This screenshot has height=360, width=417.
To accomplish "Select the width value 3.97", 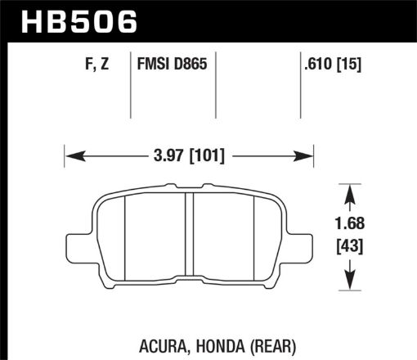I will [x=165, y=154].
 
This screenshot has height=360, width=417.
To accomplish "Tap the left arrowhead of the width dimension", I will [x=70, y=153].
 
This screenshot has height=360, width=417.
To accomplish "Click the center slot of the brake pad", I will [x=189, y=237].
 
